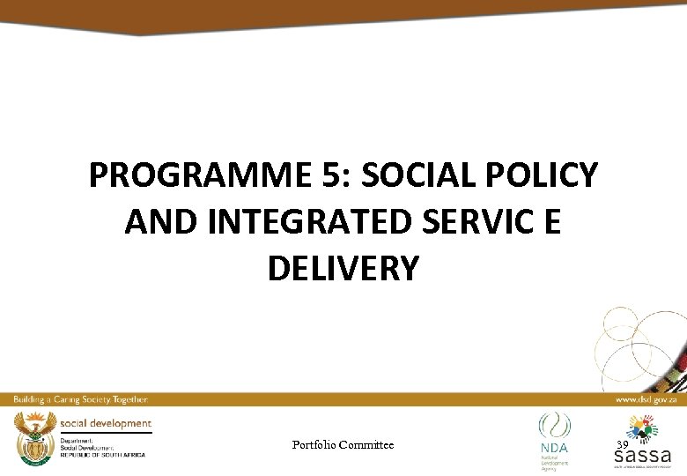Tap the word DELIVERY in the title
pyautogui.click(x=343, y=269)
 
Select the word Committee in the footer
pyautogui.click(x=367, y=445)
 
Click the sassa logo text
pyautogui.click(x=642, y=456)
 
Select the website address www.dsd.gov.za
pyautogui.click(x=646, y=399)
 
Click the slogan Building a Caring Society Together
pyautogui.click(x=79, y=399)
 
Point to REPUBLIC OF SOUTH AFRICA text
pyautogui.click(x=102, y=454)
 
